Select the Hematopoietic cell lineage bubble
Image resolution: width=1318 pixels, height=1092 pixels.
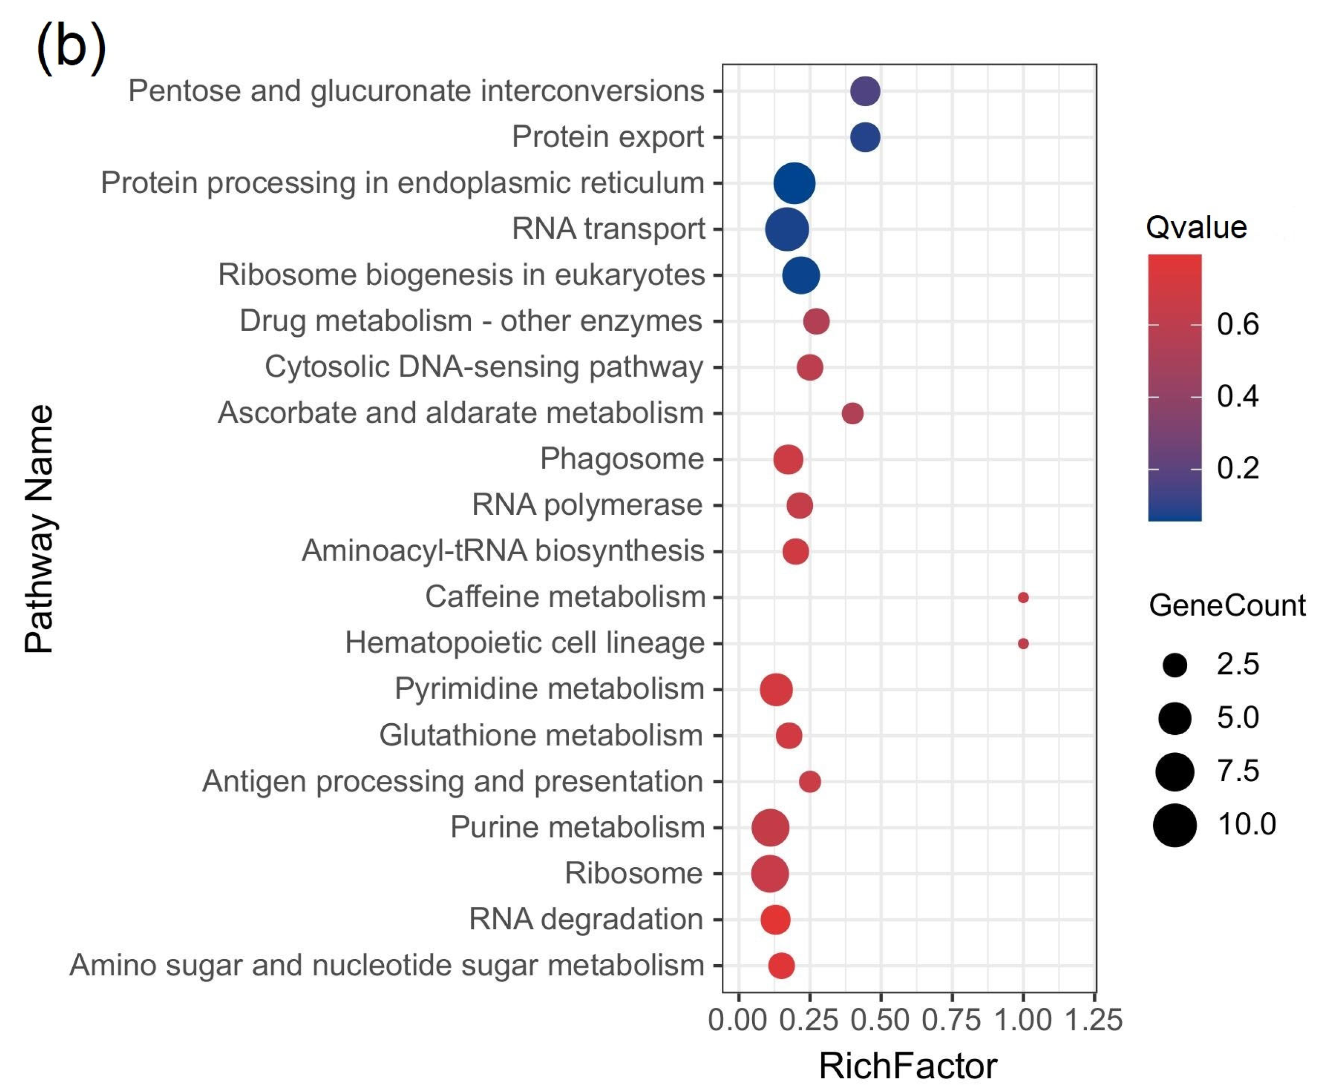click(1023, 644)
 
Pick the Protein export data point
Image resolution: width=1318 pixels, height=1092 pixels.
click(865, 137)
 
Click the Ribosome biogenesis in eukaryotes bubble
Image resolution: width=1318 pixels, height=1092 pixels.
click(801, 275)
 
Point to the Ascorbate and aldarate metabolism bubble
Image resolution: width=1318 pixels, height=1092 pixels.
click(852, 413)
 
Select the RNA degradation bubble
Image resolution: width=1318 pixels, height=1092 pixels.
click(775, 920)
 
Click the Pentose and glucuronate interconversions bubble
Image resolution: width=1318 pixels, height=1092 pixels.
click(865, 91)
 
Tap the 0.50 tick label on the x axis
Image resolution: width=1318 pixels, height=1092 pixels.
click(880, 1020)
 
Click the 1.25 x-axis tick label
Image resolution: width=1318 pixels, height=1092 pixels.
click(1093, 1020)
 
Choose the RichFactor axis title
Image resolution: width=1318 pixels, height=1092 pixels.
click(908, 1066)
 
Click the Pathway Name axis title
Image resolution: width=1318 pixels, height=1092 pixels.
click(39, 529)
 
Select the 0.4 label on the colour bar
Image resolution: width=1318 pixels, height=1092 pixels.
click(1238, 396)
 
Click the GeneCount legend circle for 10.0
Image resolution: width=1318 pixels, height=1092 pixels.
click(1175, 825)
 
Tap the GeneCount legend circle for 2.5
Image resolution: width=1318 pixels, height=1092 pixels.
click(1175, 665)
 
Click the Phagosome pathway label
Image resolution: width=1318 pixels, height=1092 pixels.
click(621, 459)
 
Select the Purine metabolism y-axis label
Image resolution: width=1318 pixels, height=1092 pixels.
click(578, 827)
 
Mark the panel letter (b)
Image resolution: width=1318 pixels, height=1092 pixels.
click(71, 47)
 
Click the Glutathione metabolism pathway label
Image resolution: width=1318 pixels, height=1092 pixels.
click(541, 735)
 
